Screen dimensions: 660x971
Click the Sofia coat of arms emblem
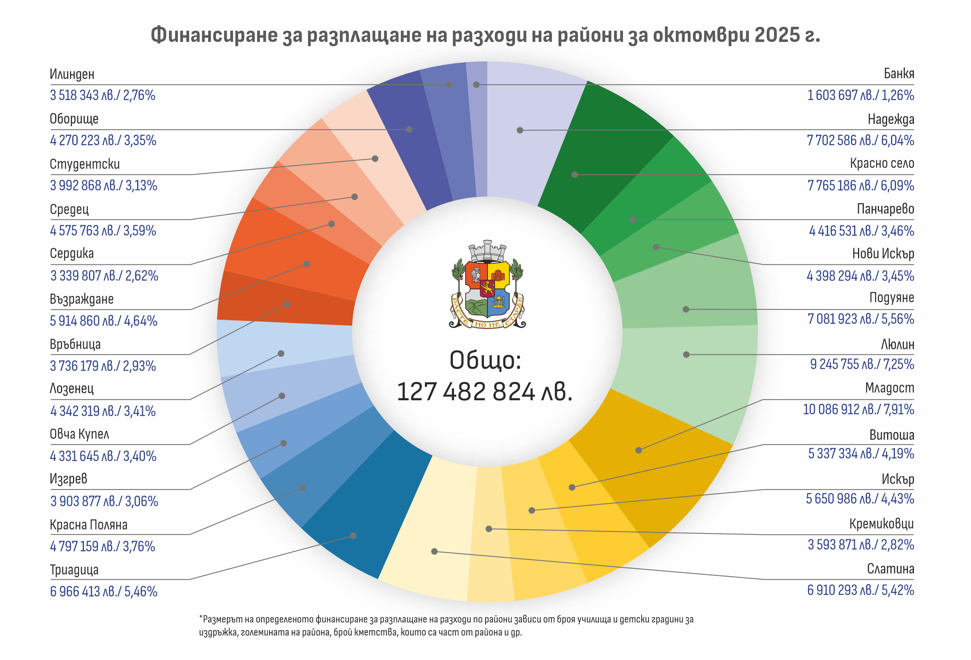tap(487, 285)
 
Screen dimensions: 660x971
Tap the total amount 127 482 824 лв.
tap(485, 392)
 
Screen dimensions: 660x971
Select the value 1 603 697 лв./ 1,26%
tap(860, 95)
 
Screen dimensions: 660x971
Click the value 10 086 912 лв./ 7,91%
tap(858, 409)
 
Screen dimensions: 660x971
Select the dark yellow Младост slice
tap(652, 468)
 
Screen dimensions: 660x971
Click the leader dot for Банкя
tap(476, 85)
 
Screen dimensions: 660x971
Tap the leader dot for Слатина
tap(435, 551)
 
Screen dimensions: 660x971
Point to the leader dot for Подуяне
tap(686, 309)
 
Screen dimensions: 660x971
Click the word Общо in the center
tap(485, 360)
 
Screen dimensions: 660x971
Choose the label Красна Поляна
tap(89, 525)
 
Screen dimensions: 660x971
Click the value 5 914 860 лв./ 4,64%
tap(104, 321)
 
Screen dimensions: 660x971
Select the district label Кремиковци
tap(881, 523)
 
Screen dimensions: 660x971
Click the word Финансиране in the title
tap(214, 35)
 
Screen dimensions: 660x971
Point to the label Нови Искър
tap(883, 254)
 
